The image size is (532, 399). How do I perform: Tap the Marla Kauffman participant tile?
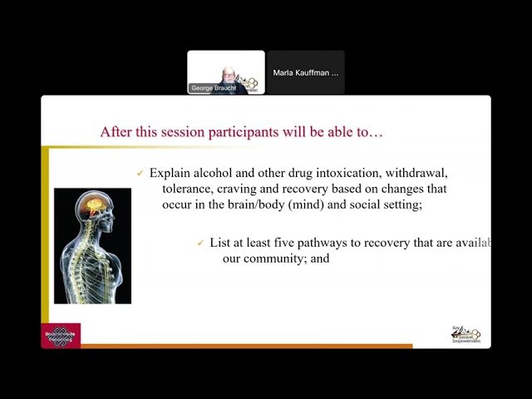(x=306, y=73)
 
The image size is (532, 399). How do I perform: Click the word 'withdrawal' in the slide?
(x=416, y=173)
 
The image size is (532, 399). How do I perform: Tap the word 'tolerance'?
(x=188, y=189)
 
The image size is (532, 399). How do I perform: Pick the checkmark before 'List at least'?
(x=201, y=244)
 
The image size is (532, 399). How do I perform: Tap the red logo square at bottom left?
(x=61, y=335)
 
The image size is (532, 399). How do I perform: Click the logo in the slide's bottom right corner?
(x=465, y=333)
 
